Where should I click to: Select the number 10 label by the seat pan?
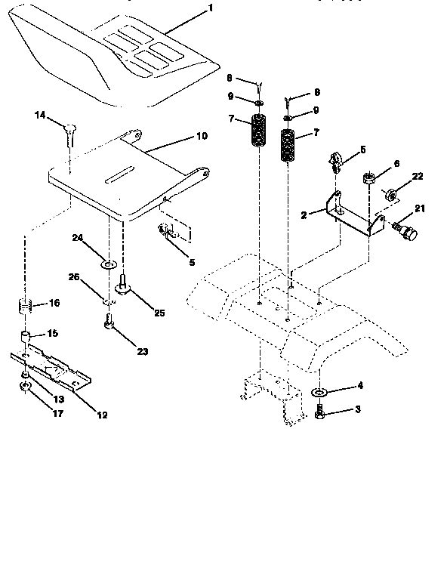[201, 137]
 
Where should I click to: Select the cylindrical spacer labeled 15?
[26, 335]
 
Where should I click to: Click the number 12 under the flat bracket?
[102, 415]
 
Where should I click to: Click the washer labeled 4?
[319, 393]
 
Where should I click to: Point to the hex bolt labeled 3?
[319, 413]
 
